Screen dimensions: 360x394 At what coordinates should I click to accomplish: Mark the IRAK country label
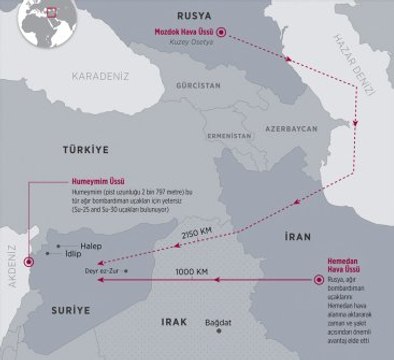[174, 323]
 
